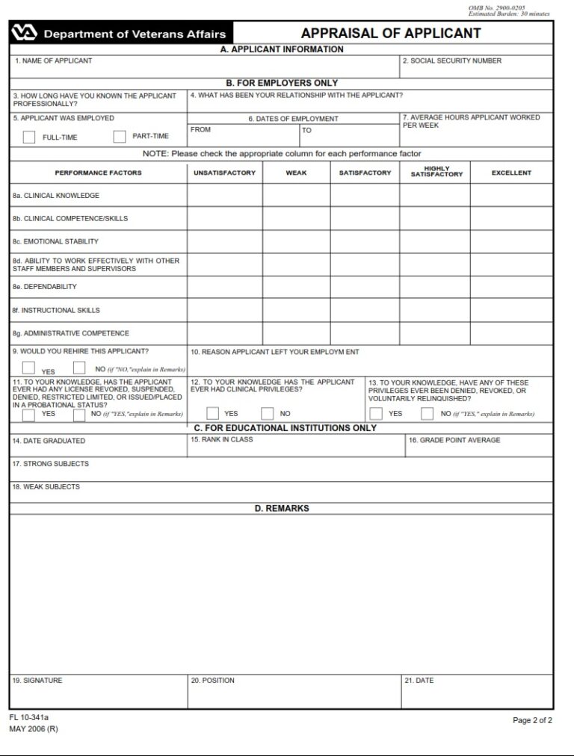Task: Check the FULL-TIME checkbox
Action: [x=29, y=137]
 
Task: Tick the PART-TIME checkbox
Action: [x=120, y=137]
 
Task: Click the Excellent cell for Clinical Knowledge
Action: [x=511, y=196]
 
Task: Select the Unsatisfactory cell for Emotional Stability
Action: [x=224, y=241]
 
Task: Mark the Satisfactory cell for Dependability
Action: [x=365, y=287]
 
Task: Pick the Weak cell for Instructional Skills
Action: [x=296, y=310]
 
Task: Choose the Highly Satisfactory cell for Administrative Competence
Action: [x=434, y=333]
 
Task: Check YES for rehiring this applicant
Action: [x=29, y=368]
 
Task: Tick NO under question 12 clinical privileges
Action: [x=268, y=413]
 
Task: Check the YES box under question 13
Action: [x=377, y=413]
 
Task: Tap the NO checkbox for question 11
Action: [x=79, y=415]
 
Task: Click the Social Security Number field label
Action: [x=451, y=61]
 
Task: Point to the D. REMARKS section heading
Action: [x=281, y=509]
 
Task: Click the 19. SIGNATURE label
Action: [x=37, y=681]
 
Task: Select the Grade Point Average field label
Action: [x=454, y=441]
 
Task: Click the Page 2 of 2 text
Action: [x=532, y=720]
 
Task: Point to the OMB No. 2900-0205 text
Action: [x=496, y=7]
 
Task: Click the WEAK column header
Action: [x=296, y=173]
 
